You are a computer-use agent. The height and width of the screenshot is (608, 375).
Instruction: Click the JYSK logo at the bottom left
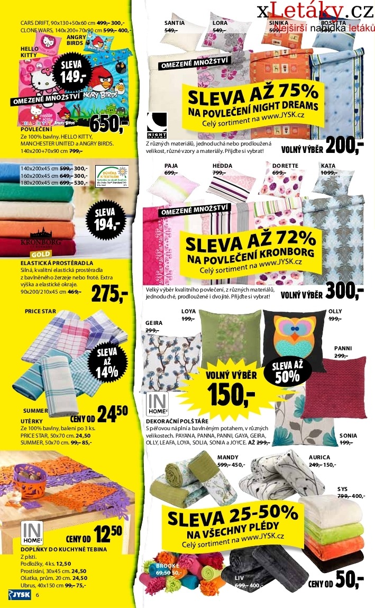pos(19,595)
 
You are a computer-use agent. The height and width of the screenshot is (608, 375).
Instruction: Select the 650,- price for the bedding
pos(109,124)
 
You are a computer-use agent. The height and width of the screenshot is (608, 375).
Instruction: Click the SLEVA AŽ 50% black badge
pos(288,372)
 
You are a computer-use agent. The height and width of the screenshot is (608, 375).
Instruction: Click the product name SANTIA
pos(174,23)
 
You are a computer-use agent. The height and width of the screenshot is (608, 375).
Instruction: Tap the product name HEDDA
pos(222,166)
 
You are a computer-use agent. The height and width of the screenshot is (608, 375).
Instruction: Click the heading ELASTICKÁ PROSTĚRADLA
pos(57,263)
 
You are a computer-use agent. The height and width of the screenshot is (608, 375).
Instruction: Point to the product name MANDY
pos(228,457)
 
